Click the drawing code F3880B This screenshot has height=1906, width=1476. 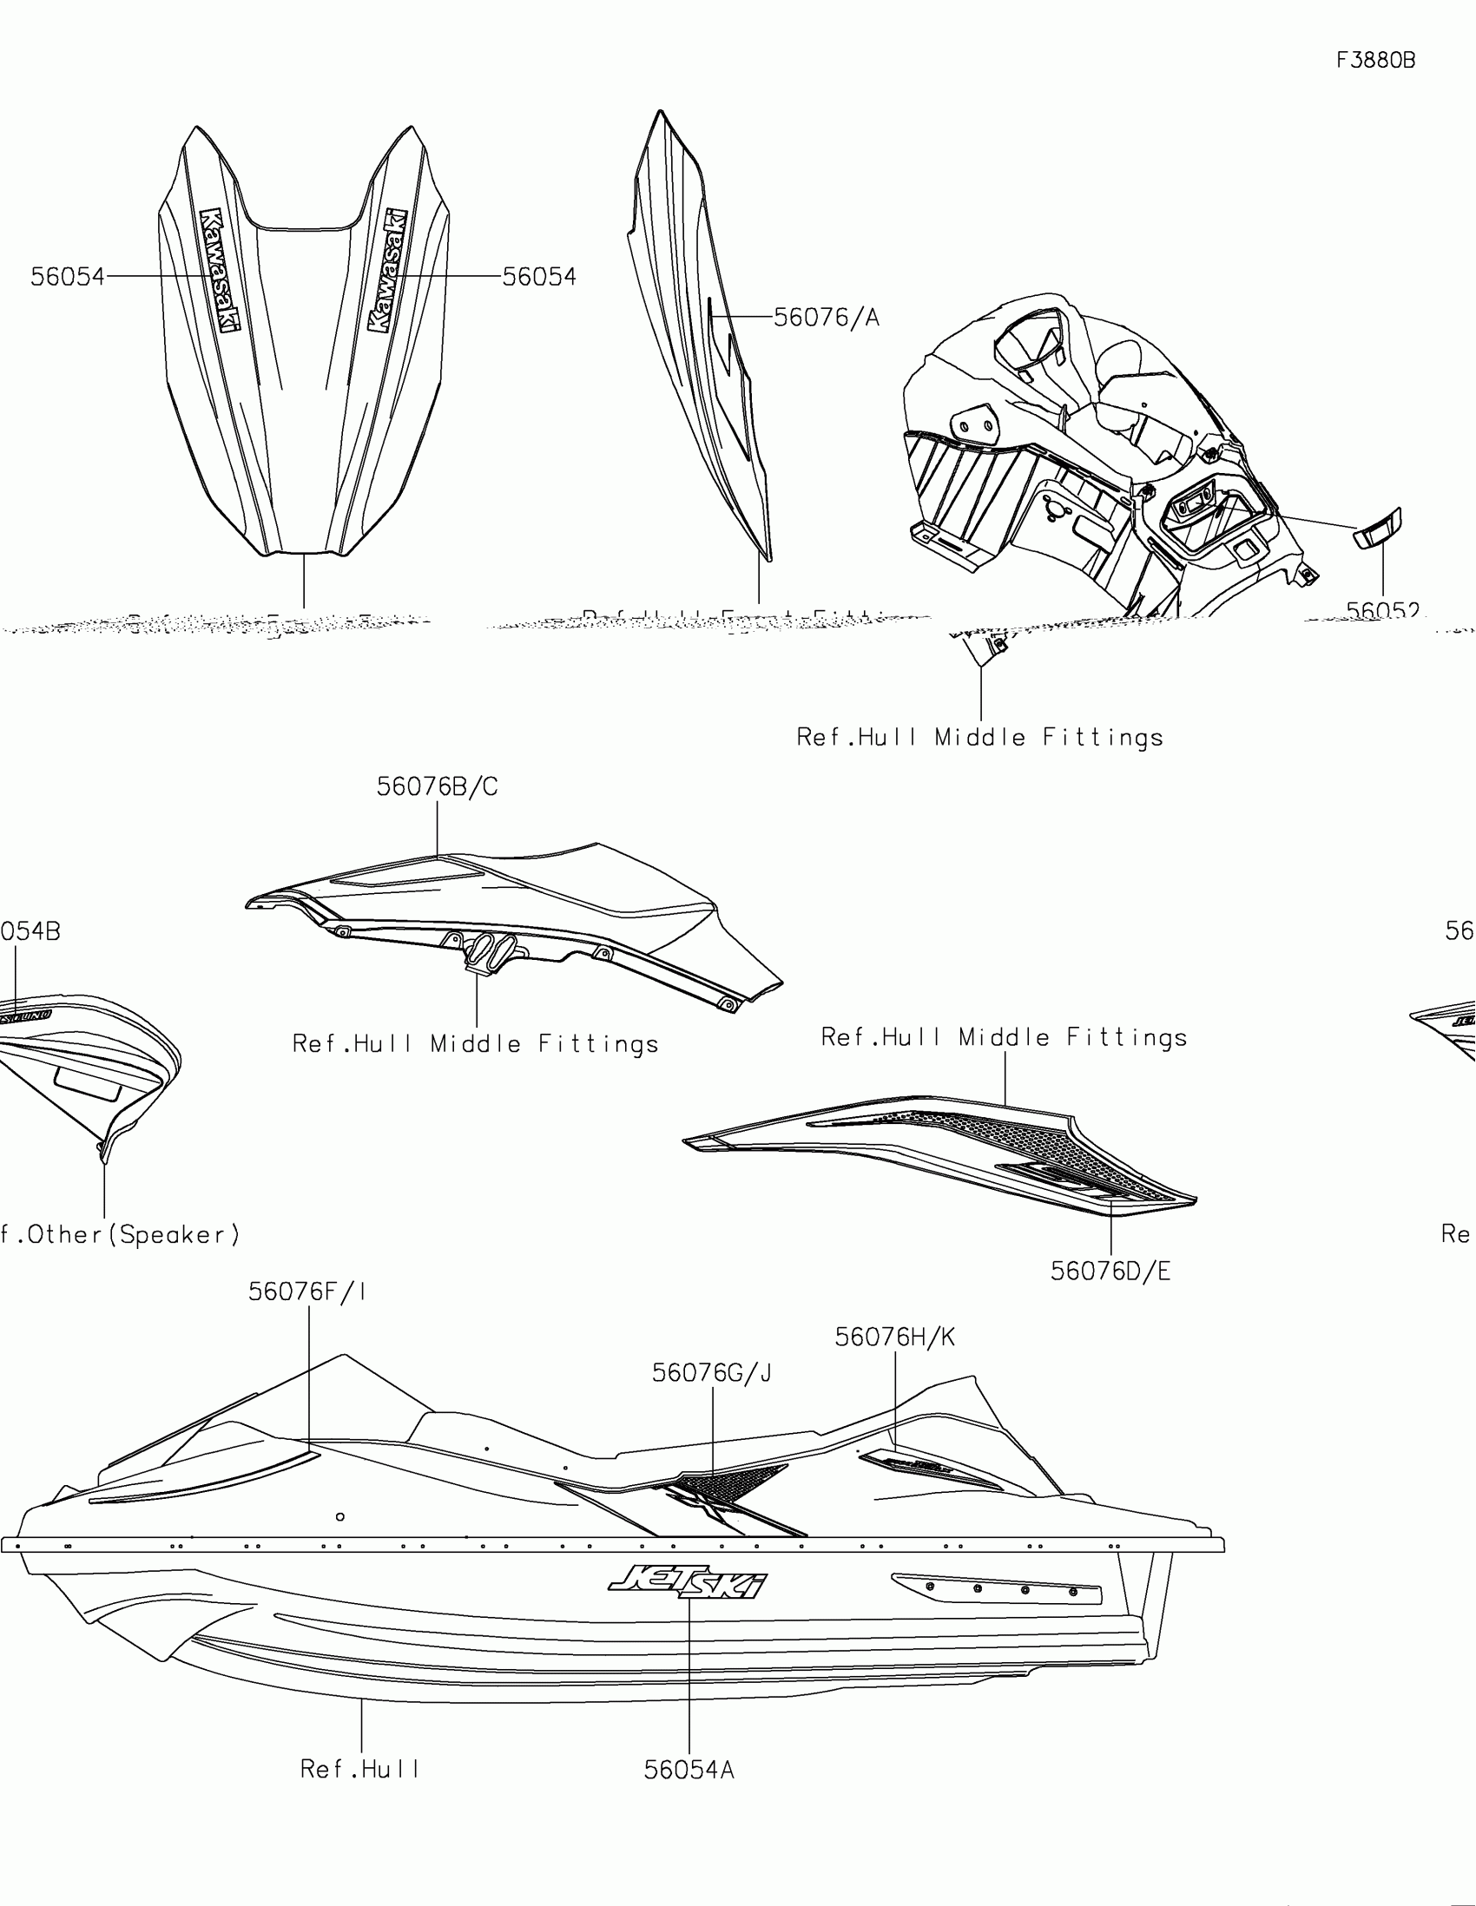tap(1375, 60)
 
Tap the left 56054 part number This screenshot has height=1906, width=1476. tap(67, 277)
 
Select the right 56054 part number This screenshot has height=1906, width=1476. tap(539, 277)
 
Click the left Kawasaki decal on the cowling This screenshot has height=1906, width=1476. tap(218, 271)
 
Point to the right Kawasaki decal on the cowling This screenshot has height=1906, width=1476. tap(387, 271)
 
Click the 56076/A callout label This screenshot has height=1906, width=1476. tap(827, 318)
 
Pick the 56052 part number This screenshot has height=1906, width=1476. tap(1382, 610)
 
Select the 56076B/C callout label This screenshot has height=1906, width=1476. tap(438, 787)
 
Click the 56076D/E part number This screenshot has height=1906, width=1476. tap(1110, 1272)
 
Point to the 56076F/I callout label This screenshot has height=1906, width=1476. tap(307, 1291)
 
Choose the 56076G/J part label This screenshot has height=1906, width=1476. tap(712, 1373)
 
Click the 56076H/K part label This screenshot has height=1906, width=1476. tap(894, 1337)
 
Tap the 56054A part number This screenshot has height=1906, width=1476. tap(689, 1770)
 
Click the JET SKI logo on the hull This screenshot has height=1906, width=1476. tap(689, 1581)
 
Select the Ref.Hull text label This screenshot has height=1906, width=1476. tap(360, 1769)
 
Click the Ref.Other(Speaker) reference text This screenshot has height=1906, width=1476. tap(121, 1235)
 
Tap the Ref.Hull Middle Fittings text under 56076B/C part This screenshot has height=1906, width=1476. tap(476, 1044)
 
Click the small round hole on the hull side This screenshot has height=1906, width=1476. tap(340, 1517)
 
